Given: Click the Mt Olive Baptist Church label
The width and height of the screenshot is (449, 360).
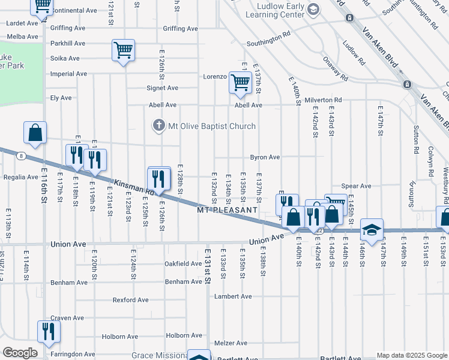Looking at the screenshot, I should [211, 126].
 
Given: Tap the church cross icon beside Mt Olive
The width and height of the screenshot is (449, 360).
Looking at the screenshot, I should [158, 125].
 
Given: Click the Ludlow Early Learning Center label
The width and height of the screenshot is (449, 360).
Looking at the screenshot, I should [280, 10].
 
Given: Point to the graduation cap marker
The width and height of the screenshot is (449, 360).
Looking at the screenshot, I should [372, 230].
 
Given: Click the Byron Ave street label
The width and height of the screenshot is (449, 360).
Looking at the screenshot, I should [265, 157].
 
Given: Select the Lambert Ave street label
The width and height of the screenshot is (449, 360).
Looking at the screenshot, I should [233, 296].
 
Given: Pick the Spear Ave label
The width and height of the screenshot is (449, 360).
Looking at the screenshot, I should [356, 186].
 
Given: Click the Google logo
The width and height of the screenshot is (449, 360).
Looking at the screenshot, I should [20, 352].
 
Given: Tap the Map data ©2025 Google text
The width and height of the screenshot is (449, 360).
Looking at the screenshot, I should [411, 355].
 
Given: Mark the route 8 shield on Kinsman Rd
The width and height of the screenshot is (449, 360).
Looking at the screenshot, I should [21, 156].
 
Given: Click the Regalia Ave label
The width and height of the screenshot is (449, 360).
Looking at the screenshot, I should [21, 177].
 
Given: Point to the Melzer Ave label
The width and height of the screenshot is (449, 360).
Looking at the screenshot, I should [231, 343].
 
